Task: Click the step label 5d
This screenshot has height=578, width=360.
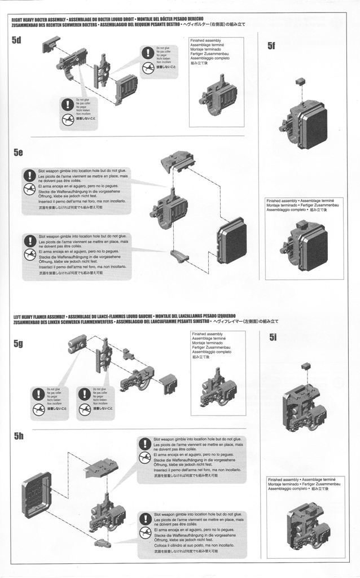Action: point(16,40)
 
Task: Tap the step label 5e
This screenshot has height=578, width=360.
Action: point(18,153)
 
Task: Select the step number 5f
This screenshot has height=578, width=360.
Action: point(272,46)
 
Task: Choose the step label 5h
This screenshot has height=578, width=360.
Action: point(19,436)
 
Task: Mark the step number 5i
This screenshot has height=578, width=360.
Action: point(273,338)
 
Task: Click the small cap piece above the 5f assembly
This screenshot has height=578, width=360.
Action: point(300,82)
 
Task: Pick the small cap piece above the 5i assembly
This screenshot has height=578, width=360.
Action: point(305,366)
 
